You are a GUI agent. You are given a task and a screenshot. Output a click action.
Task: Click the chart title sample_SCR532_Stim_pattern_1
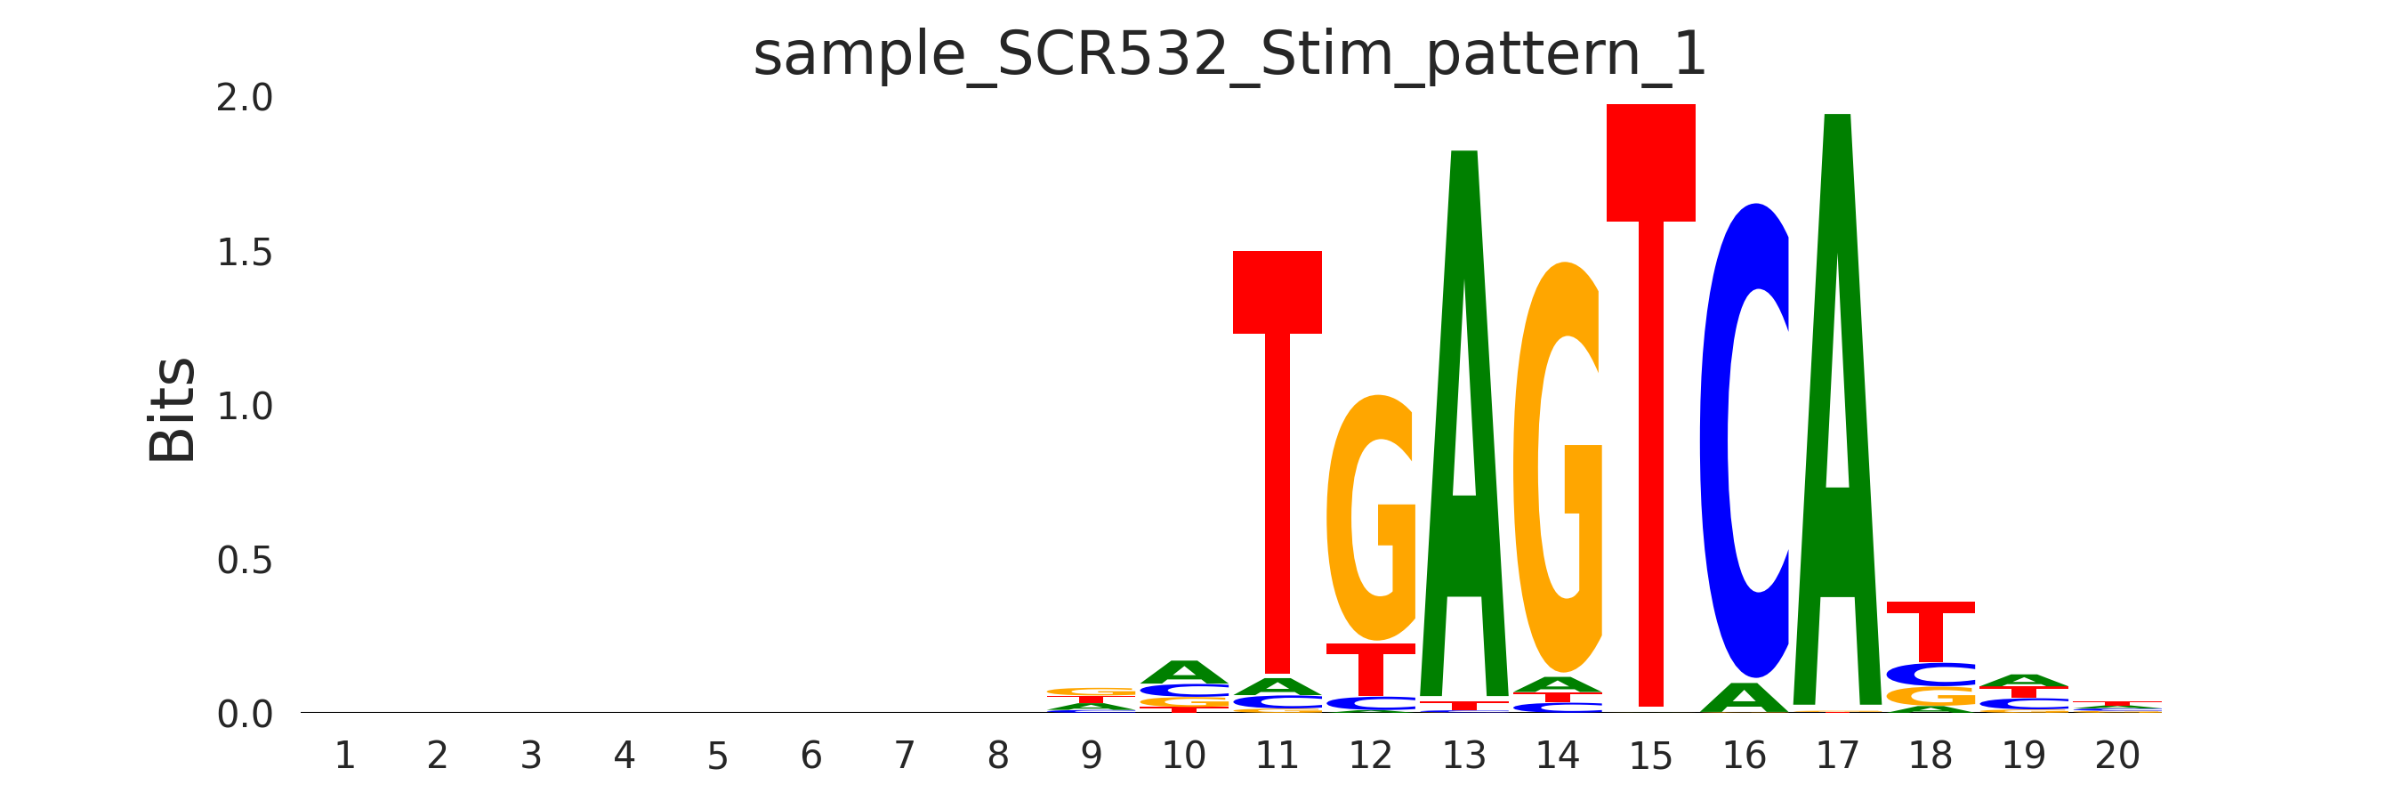coord(1229,54)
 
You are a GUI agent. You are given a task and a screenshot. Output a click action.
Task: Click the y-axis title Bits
coord(173,410)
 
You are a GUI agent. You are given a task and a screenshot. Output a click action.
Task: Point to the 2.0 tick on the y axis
coord(245,98)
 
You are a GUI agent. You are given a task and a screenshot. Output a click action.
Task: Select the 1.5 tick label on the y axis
coord(245,253)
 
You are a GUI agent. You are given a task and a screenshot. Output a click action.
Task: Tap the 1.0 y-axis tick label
coord(245,407)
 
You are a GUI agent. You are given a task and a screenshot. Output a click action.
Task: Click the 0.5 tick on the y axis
coord(245,562)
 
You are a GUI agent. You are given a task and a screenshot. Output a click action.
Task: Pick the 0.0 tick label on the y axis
coord(245,716)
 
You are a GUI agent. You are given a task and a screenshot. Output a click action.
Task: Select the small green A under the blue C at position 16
coord(1744,700)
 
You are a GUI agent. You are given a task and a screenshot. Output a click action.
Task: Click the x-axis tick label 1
coord(344,756)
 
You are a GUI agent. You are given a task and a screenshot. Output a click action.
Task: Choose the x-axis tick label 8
coord(998,756)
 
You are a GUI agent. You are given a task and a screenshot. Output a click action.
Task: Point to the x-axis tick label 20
coord(2116,756)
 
